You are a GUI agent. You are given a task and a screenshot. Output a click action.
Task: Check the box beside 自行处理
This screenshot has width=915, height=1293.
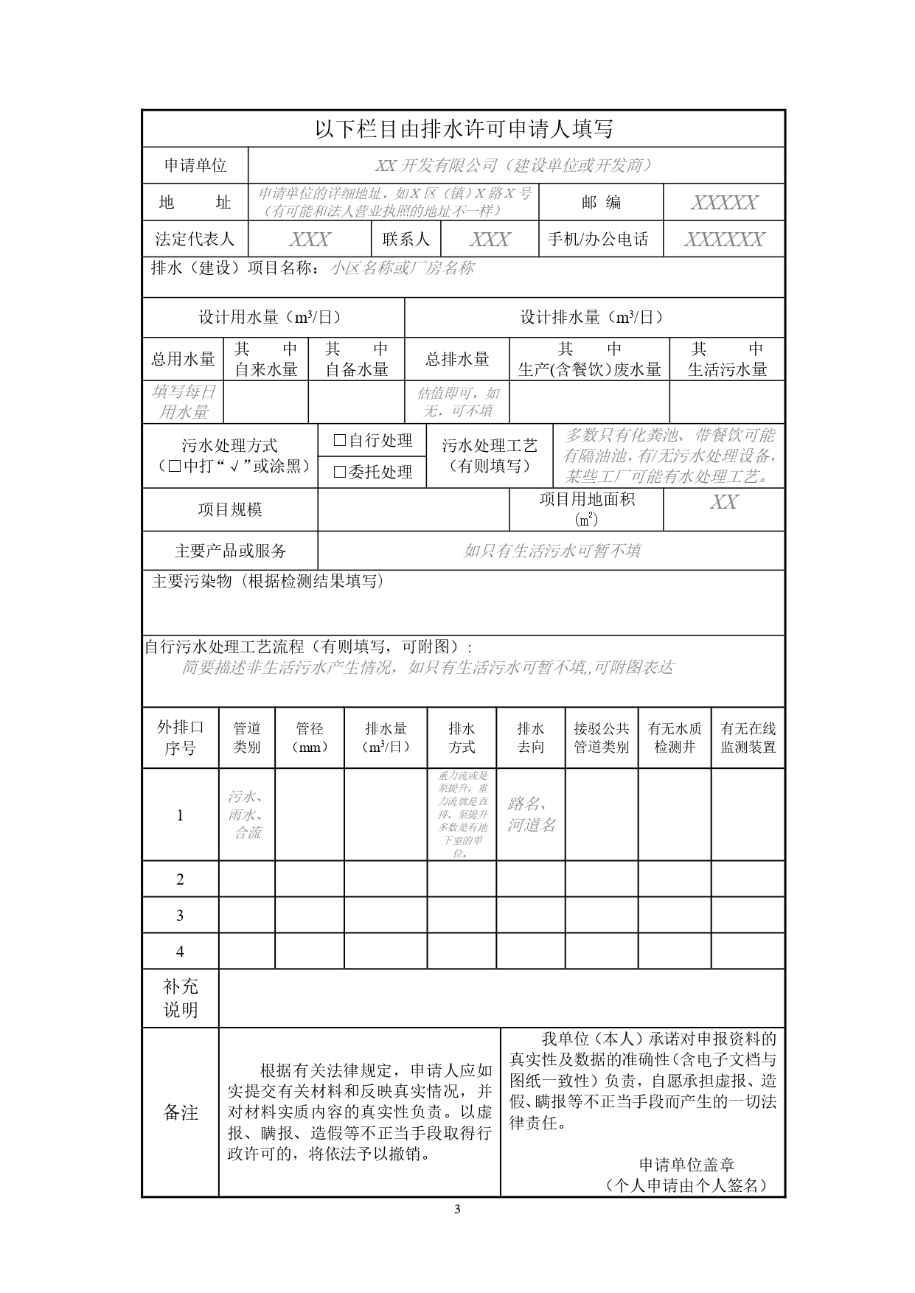coord(340,440)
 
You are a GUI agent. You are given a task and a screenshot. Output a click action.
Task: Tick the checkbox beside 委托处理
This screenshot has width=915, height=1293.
coord(340,472)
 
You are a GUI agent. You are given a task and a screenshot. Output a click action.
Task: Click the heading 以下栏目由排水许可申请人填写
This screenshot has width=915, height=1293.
coord(464,130)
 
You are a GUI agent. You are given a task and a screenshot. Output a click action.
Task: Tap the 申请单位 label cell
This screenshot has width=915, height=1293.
coord(195,166)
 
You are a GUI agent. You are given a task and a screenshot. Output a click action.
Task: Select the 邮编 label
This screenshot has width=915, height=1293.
coord(601,203)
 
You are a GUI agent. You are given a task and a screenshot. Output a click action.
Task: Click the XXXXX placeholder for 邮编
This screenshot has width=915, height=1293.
coord(723,203)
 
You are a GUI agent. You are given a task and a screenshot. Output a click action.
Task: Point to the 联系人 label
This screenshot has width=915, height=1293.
coord(406,240)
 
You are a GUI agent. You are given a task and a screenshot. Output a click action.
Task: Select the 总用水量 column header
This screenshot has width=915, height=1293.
coord(183,359)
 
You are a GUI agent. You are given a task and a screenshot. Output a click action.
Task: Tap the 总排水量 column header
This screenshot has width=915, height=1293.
coord(457,359)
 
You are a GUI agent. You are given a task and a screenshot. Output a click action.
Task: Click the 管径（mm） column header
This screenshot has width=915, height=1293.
coord(310,737)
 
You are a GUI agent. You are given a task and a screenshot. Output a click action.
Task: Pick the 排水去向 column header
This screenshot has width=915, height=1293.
coord(531,737)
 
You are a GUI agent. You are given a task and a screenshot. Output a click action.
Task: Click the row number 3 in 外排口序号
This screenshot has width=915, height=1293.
coord(180,916)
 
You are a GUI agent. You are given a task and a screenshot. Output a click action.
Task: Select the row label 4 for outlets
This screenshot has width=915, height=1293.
coord(180,952)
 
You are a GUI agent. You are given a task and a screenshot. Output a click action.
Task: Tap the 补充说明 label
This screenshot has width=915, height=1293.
coord(181,998)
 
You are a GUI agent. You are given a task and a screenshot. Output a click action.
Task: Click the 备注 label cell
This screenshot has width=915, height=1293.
coord(181,1112)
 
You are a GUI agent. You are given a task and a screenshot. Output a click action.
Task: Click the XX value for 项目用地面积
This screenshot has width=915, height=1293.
coord(723,502)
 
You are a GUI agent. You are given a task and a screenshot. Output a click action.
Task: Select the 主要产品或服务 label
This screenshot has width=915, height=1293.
coord(230,551)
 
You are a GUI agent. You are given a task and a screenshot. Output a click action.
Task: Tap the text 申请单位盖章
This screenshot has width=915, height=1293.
coord(686,1165)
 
